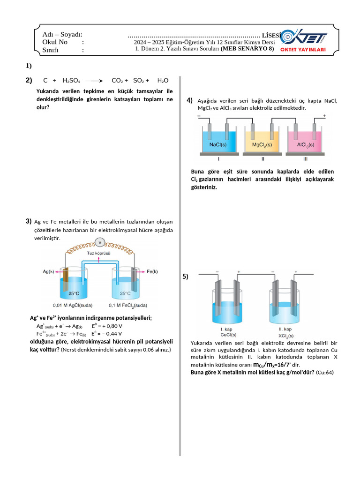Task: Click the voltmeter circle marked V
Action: [x=99, y=242]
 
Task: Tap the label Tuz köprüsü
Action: [x=98, y=253]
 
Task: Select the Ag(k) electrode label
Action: [x=48, y=271]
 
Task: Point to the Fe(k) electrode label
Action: [x=152, y=271]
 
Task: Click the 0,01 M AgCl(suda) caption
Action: [x=72, y=306]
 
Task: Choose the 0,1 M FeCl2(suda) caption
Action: [x=128, y=306]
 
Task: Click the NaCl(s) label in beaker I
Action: [x=218, y=145]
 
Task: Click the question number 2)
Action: [x=29, y=81]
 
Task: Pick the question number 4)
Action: [x=189, y=100]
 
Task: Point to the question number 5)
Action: [x=185, y=277]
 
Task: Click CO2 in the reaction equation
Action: [x=117, y=81]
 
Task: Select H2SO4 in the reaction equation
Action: [x=71, y=81]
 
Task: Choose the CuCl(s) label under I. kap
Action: [x=228, y=335]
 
